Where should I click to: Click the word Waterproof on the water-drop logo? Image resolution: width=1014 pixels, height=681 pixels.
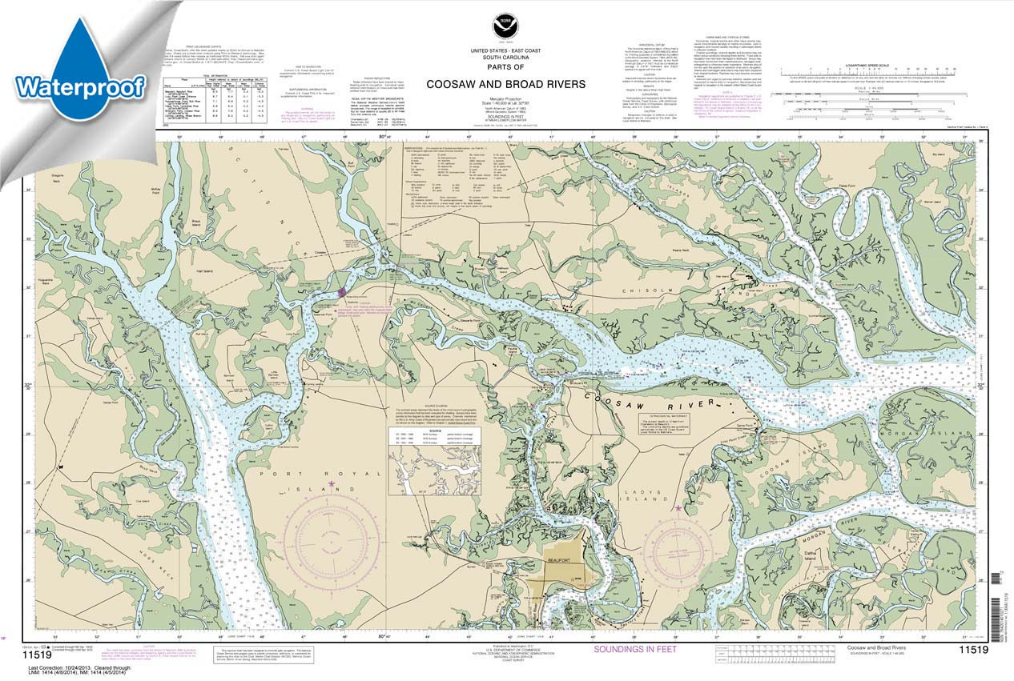[x=80, y=86]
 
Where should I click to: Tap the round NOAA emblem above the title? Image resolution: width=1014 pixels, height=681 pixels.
[x=505, y=26]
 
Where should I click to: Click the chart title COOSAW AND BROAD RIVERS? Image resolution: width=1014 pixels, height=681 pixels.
[x=505, y=84]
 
